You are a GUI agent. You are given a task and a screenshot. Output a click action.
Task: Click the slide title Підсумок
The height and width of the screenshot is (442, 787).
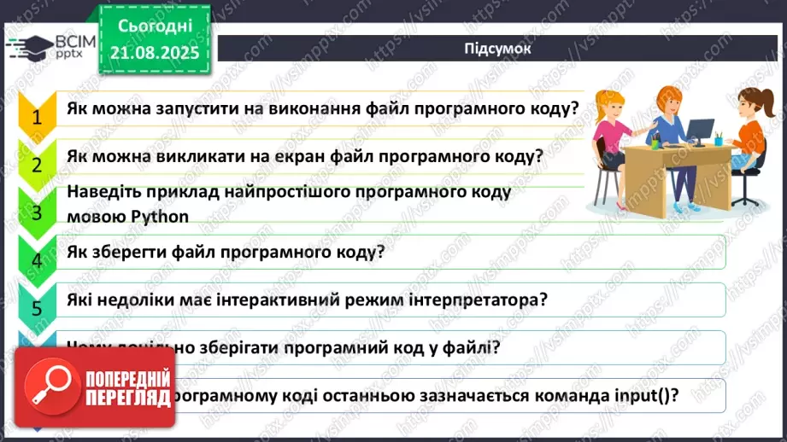498,49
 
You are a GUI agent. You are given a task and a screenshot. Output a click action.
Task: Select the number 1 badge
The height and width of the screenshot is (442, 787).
36,115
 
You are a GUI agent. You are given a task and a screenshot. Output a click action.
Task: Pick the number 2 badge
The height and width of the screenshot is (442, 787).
36,163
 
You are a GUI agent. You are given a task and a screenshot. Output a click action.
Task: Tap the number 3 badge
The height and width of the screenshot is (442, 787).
36,211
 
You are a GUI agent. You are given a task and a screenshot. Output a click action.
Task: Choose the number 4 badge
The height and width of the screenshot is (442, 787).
36,259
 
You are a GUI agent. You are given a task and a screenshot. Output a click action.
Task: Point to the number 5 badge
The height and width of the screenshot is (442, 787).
36,306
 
